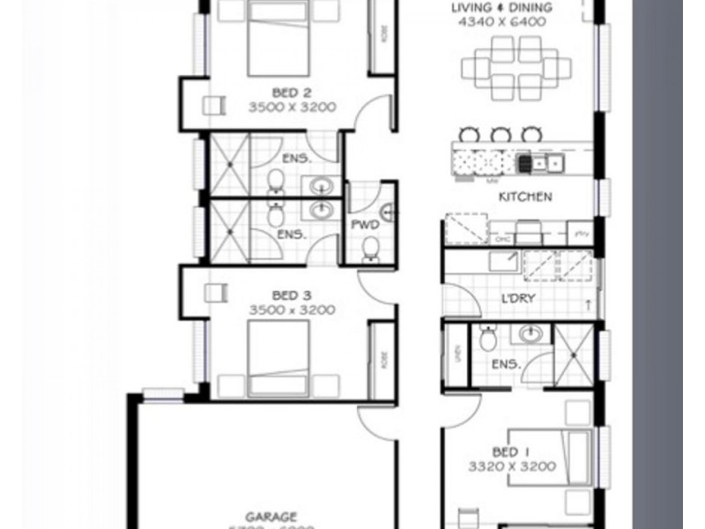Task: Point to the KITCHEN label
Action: click(x=525, y=197)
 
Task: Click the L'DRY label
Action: click(x=518, y=298)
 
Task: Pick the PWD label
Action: click(x=365, y=226)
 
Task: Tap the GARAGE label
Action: click(x=271, y=516)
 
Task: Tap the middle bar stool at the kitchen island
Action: click(x=501, y=134)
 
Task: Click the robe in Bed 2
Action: click(x=382, y=35)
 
